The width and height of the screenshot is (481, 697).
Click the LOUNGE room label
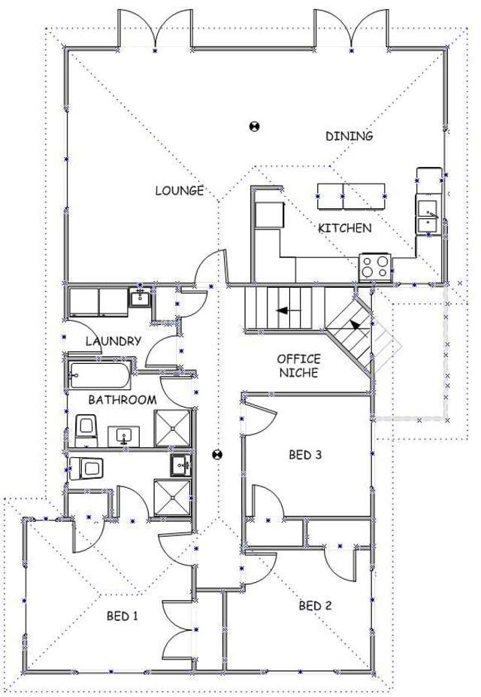pyautogui.click(x=180, y=190)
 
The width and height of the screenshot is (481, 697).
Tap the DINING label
pyautogui.click(x=349, y=136)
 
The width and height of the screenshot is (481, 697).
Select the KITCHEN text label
pyautogui.click(x=344, y=227)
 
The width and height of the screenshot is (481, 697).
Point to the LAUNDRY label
pyautogui.click(x=113, y=341)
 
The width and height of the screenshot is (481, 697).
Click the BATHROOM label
pyautogui.click(x=123, y=399)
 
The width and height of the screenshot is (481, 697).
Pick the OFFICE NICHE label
pyautogui.click(x=298, y=365)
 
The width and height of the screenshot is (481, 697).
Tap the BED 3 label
pyautogui.click(x=306, y=454)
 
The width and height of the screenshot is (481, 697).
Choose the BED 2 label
pyautogui.click(x=315, y=605)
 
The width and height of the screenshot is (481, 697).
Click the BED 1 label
pyautogui.click(x=123, y=616)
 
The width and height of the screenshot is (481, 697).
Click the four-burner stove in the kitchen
pyautogui.click(x=375, y=266)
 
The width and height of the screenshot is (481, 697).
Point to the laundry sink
pyautogui.click(x=141, y=298)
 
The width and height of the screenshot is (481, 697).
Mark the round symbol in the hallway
pyautogui.click(x=218, y=454)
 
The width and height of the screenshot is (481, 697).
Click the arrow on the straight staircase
pyautogui.click(x=284, y=309)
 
